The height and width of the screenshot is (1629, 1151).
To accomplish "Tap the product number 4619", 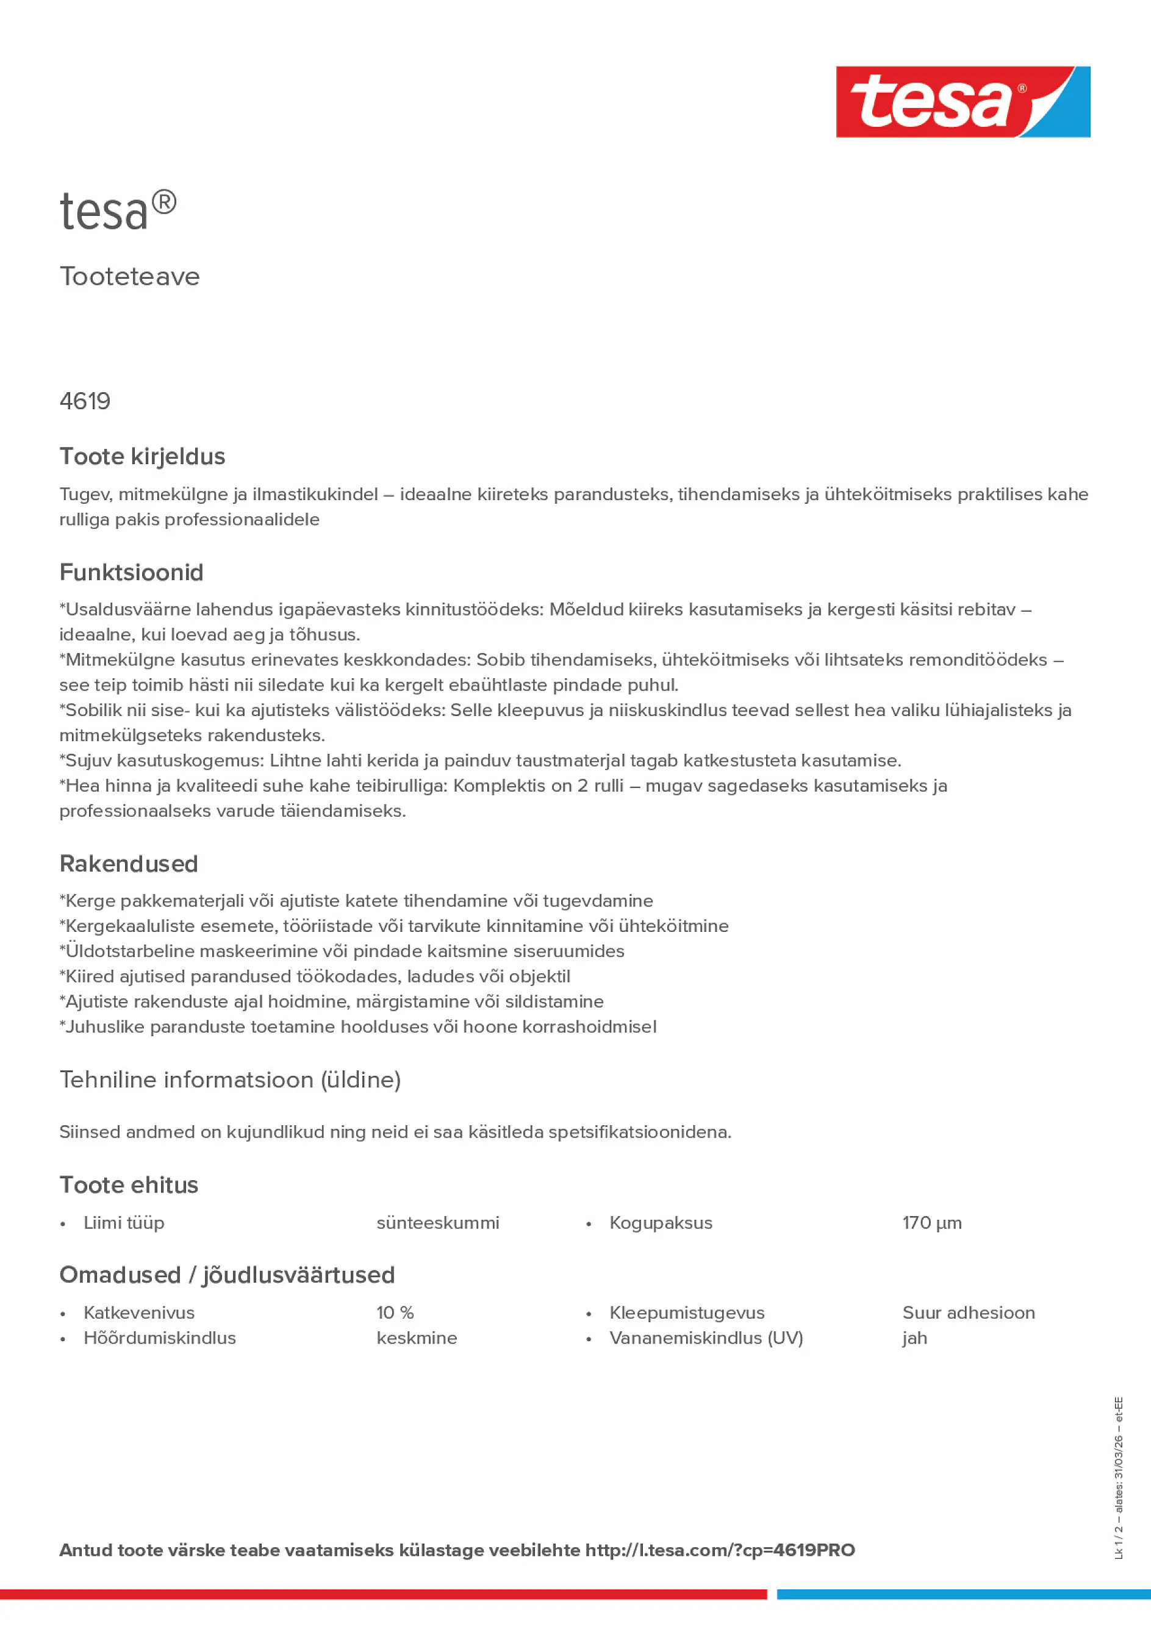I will [x=85, y=401].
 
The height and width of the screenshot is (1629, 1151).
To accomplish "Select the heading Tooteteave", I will [x=130, y=277].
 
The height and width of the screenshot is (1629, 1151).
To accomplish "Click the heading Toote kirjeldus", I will [x=142, y=456].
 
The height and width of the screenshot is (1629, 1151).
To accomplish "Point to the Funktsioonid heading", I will [x=131, y=573].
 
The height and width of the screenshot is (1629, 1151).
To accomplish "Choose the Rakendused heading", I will [x=129, y=864].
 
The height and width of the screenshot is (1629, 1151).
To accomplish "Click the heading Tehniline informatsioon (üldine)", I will [x=230, y=1080].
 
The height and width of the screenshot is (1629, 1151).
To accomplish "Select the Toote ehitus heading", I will [x=129, y=1185].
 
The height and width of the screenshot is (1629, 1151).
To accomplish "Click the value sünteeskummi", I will [x=438, y=1223].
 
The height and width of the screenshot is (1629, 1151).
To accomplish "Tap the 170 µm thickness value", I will [x=932, y=1223].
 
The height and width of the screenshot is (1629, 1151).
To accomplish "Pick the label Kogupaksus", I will [x=661, y=1223].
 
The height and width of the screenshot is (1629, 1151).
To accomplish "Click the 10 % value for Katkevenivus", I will [x=395, y=1312].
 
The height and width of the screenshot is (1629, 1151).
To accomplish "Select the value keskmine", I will [x=417, y=1338].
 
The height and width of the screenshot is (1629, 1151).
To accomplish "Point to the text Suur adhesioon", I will [x=969, y=1312].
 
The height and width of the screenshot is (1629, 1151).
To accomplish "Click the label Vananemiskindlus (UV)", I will [x=706, y=1338].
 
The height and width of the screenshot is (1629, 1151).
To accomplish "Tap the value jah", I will [x=915, y=1338].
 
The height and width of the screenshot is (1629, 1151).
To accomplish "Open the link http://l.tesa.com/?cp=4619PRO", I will [x=720, y=1550].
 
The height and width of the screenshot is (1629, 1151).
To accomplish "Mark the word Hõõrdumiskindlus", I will [x=160, y=1338].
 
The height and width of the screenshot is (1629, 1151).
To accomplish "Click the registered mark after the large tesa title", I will [x=164, y=203].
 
